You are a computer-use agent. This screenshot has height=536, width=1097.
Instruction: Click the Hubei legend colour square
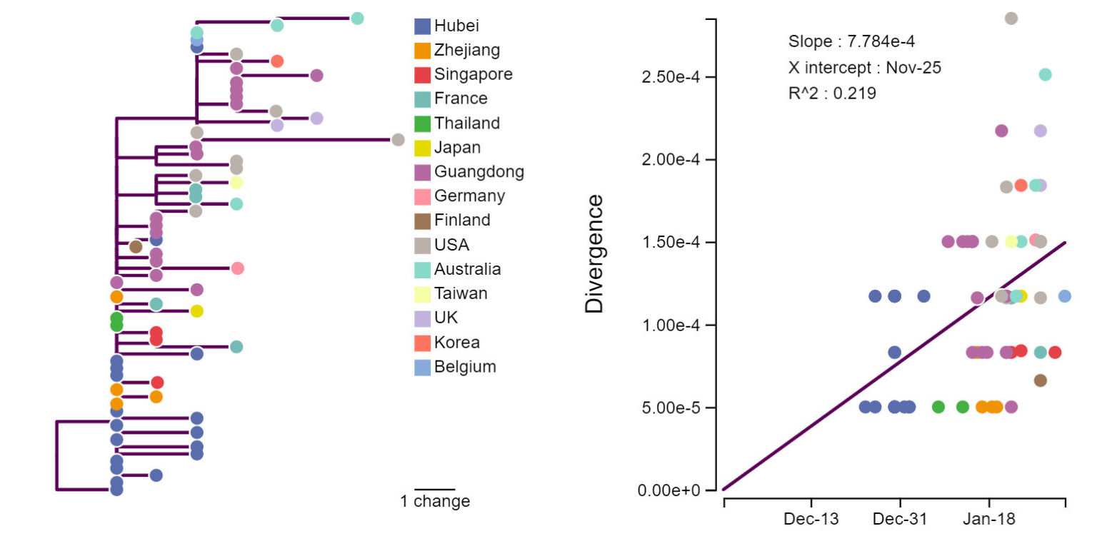423,26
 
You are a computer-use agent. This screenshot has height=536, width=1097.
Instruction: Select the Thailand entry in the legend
466,123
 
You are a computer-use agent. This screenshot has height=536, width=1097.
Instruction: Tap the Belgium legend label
465,367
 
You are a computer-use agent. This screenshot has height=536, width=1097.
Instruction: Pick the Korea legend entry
456,343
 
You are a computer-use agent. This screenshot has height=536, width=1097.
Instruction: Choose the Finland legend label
462,221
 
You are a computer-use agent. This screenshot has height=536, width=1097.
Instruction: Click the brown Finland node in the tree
136,247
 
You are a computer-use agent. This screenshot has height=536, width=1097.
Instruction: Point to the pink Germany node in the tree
238,268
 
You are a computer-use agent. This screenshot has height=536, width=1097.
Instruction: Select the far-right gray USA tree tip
398,140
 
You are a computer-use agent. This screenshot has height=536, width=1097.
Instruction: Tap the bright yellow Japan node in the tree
197,311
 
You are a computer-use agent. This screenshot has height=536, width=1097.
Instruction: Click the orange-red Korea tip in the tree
278,61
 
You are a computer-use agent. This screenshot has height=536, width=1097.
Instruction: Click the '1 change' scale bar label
435,501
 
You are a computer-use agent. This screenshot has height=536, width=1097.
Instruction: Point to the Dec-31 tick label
900,520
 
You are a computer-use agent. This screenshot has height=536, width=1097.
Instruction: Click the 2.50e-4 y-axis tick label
670,76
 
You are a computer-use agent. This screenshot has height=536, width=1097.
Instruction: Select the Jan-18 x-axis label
988,520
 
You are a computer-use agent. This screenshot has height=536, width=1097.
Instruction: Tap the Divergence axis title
594,253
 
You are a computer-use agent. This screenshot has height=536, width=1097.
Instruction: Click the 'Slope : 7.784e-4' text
851,41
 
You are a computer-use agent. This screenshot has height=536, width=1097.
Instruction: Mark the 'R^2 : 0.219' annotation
832,93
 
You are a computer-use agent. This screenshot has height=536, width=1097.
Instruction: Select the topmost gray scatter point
1011,19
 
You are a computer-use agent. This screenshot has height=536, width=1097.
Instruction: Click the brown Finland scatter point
1040,380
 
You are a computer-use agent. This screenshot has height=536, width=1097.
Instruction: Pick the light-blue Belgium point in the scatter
1064,296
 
